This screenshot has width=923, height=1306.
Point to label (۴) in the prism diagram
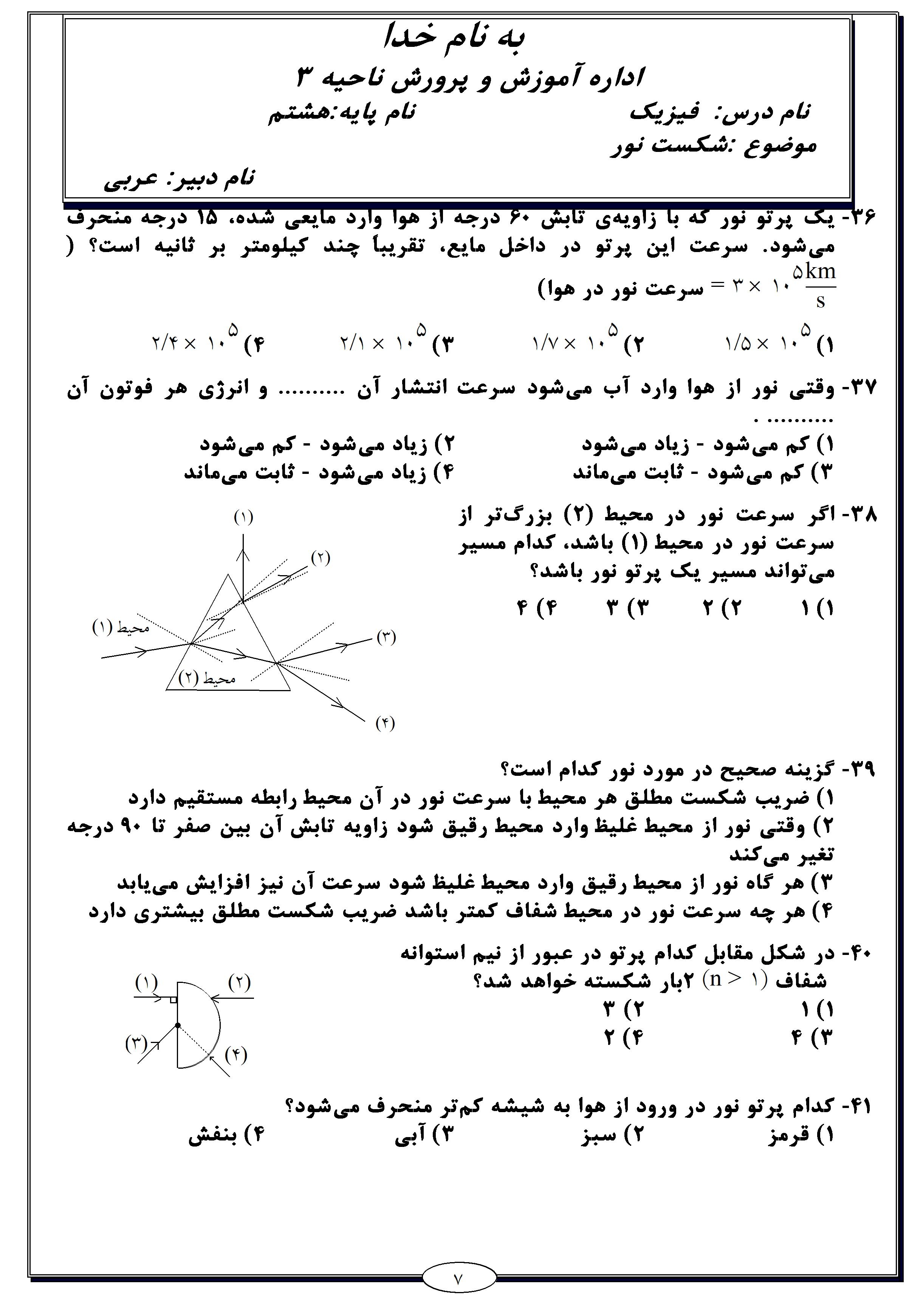click(385, 724)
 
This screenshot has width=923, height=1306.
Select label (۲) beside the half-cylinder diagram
click(239, 983)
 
